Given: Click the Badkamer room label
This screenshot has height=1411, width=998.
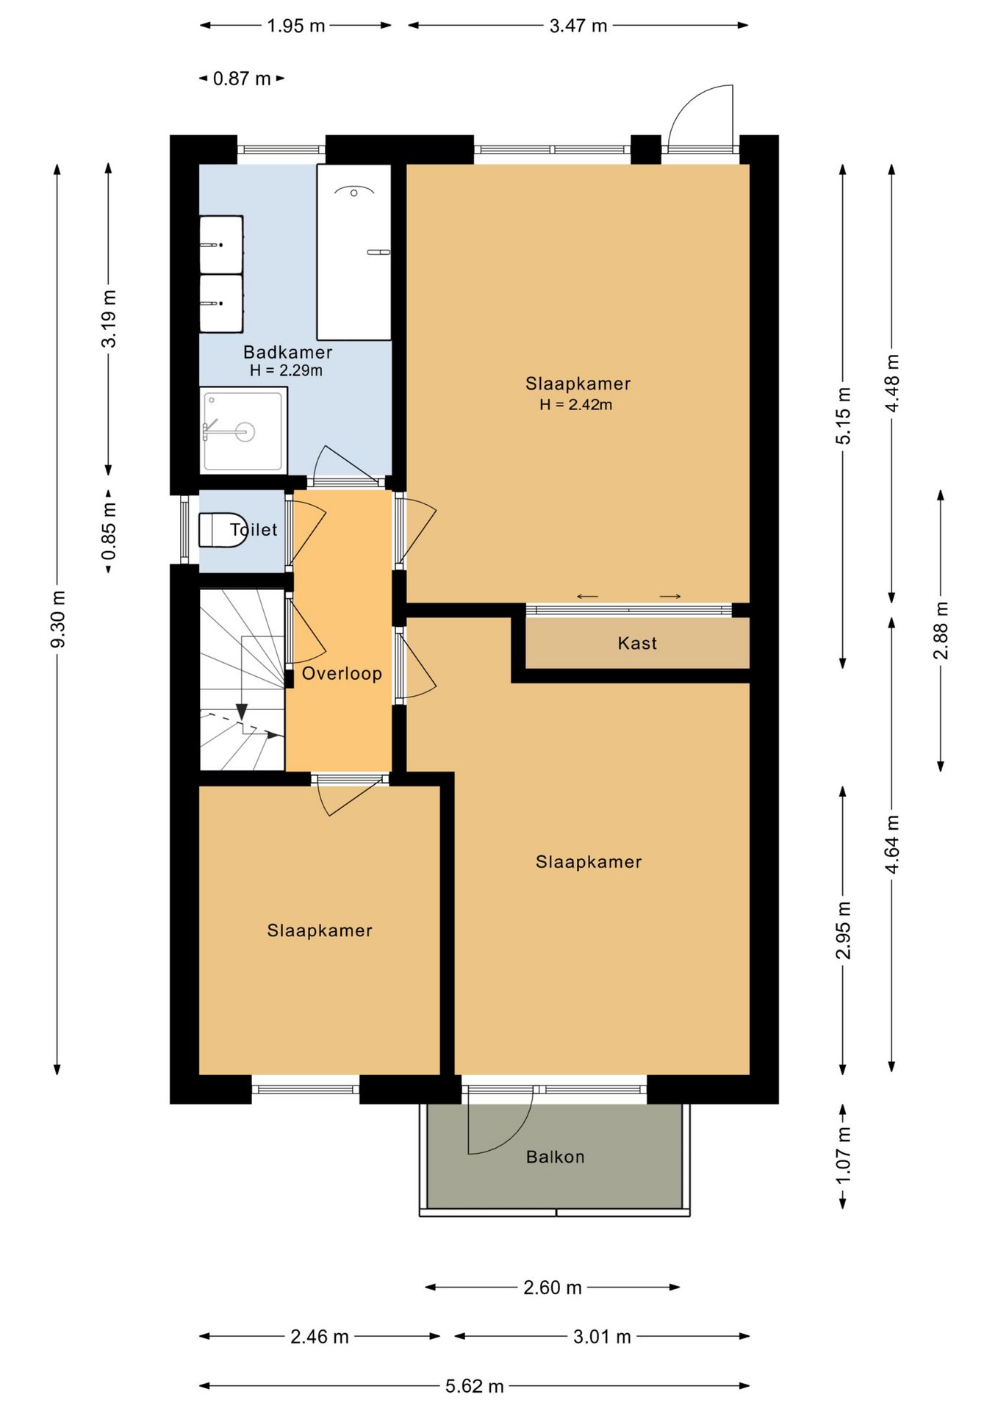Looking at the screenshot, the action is [287, 352].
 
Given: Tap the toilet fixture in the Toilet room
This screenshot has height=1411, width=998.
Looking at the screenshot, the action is [220, 530].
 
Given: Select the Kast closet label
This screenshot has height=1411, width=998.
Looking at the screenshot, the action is [637, 643].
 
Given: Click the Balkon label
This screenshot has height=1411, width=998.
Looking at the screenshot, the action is [555, 1157].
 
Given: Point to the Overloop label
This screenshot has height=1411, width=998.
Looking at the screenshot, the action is [342, 673].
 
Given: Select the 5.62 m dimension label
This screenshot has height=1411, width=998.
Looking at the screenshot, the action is [475, 1386].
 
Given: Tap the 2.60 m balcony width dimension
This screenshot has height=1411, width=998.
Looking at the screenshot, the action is [553, 1288].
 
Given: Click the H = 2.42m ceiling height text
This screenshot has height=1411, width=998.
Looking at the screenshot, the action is [576, 404].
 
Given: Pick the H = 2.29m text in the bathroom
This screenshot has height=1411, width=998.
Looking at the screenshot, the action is [286, 370].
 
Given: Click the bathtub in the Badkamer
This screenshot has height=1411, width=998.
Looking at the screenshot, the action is [353, 252].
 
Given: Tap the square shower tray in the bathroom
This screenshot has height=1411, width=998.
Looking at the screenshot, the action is [243, 431].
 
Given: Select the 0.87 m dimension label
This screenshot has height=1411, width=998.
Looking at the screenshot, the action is [242, 79].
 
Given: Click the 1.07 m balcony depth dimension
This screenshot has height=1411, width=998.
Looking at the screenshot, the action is [843, 1155].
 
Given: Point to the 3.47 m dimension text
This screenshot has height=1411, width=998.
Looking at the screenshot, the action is [578, 26].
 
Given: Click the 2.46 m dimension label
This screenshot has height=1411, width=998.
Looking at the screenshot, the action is [320, 1337].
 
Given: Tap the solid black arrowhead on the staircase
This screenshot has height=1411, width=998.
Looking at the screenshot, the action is [242, 712].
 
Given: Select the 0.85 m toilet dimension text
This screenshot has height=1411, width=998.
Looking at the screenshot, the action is [109, 531].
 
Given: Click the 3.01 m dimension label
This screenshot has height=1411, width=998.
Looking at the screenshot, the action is [602, 1337].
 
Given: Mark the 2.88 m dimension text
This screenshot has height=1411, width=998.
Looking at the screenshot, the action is [941, 631].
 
